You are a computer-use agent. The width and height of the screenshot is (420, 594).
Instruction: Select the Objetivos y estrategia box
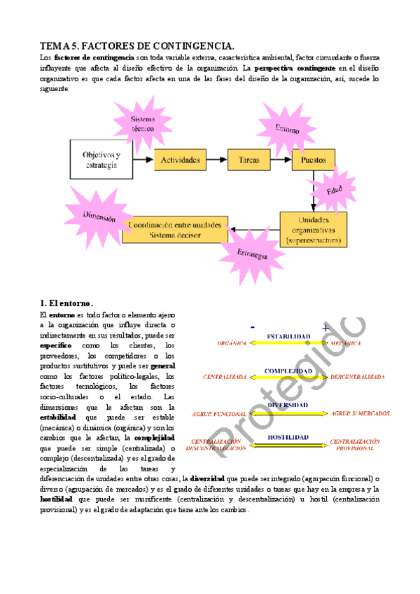click(101, 160)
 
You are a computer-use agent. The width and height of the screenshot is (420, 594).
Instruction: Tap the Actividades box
click(180, 160)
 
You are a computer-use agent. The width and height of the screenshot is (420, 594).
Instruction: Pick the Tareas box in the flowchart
click(248, 160)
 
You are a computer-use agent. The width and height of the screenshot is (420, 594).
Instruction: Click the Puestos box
click(313, 160)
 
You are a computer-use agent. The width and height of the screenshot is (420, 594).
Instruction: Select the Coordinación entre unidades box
click(174, 230)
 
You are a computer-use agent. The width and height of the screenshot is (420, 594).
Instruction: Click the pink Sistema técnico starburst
click(143, 124)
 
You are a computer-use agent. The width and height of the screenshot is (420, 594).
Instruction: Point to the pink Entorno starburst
click(286, 129)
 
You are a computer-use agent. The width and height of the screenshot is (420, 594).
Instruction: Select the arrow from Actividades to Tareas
click(216, 160)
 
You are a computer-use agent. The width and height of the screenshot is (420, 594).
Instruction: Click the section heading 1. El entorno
click(68, 303)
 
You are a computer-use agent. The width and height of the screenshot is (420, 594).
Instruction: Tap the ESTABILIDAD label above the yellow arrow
click(288, 336)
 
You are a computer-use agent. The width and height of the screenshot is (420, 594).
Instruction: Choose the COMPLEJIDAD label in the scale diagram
click(288, 370)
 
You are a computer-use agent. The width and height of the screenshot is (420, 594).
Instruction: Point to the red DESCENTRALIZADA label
click(357, 376)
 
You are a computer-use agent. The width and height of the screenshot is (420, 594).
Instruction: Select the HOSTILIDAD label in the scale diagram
click(288, 437)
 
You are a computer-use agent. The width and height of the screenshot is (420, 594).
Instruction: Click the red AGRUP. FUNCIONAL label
click(224, 413)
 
